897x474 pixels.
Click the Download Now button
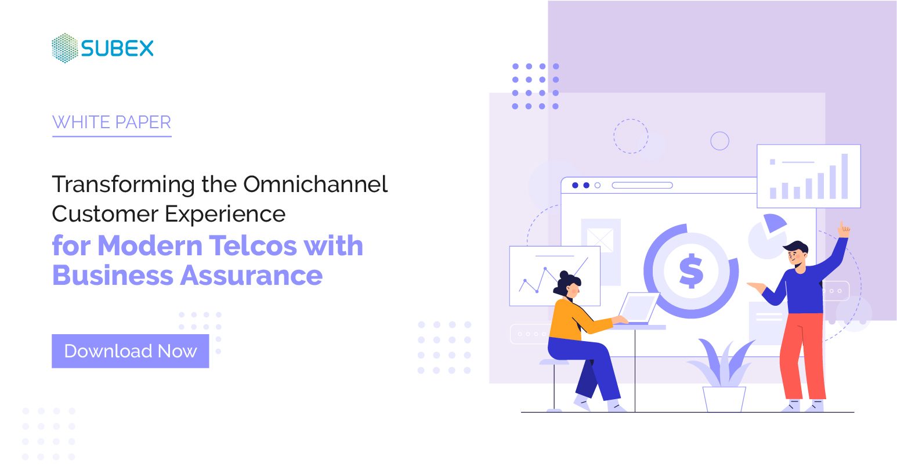pos(130,351)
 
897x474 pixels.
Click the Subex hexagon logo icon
pos(64,48)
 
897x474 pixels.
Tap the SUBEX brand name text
pos(117,49)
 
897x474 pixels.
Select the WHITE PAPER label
pos(111,122)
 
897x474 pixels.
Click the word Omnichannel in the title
pos(315,184)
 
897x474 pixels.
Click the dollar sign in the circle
pos(691,271)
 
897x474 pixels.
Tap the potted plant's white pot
pos(724,399)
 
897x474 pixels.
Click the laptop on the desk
pos(638,309)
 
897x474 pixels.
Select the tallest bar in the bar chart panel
pos(844,176)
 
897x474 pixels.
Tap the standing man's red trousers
pos(802,354)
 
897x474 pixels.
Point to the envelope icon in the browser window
pos(600,240)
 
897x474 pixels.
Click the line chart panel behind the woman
pos(537,273)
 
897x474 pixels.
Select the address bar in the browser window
pos(642,186)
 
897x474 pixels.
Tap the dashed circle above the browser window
pos(631,136)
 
